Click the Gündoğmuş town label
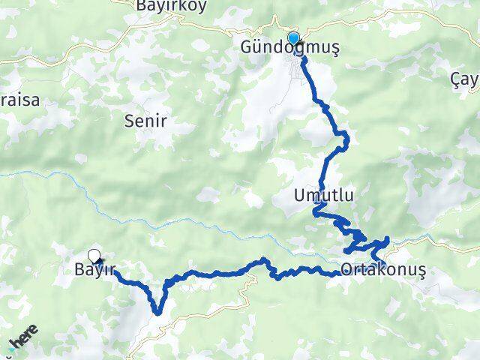(289, 48)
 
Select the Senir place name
(148, 120)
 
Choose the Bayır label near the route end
(94, 269)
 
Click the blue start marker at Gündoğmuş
(293, 38)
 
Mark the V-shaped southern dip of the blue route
(157, 310)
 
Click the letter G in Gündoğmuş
(245, 48)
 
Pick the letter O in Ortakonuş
(346, 269)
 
